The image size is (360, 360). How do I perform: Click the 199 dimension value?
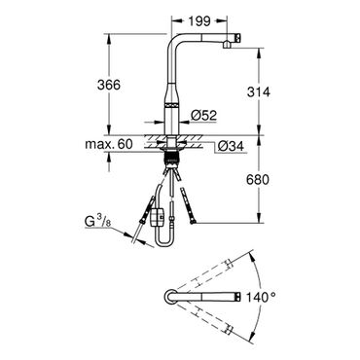coord(199,21)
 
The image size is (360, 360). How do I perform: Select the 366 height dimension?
coord(109,85)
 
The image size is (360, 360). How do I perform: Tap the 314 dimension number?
coord(258,92)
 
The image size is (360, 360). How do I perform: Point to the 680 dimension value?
coord(258,179)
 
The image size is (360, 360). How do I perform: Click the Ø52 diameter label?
coord(203,115)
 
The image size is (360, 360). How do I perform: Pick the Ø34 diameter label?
coord(231,147)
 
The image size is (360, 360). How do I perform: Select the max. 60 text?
coord(109,144)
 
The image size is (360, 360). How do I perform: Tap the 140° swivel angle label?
coord(261,297)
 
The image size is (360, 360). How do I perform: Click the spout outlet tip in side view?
coord(227,46)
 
